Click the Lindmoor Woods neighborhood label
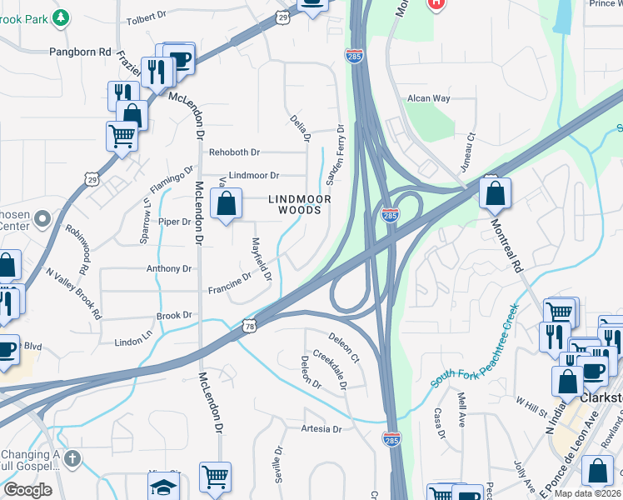pos(299,204)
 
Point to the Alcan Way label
pos(428,98)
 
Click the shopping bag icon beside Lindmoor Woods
pos(227,203)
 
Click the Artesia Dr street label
pos(321,429)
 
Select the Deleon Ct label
pos(342,348)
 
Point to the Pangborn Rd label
pos(80,51)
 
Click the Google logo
pos(27,489)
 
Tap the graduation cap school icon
pos(163,486)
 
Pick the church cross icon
pos(72,458)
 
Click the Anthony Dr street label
pos(169,269)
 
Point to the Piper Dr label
pos(175,222)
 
